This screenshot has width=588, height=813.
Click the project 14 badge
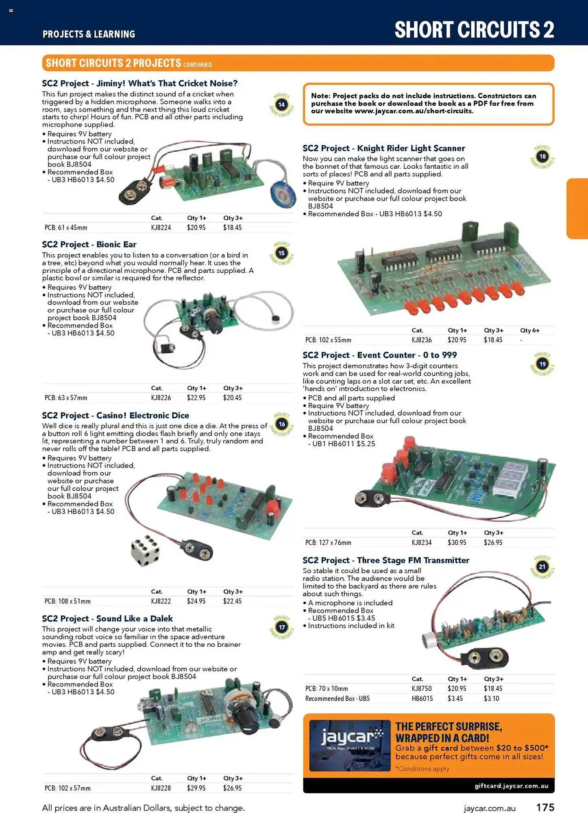(x=281, y=105)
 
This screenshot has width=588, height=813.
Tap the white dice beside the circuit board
(x=145, y=550)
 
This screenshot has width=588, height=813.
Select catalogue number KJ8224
(x=161, y=228)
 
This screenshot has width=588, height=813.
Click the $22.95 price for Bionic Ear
(x=196, y=398)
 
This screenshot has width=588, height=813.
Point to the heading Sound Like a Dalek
(x=107, y=619)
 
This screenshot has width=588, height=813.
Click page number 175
(x=545, y=807)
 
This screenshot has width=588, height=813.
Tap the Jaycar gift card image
(x=350, y=746)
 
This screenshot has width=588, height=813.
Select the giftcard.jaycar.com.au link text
(x=511, y=786)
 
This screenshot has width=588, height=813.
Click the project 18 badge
(x=542, y=157)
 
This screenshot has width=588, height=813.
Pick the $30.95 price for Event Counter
(x=457, y=542)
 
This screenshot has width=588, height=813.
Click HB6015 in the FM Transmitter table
(x=422, y=698)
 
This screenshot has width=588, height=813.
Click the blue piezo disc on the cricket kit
(x=283, y=194)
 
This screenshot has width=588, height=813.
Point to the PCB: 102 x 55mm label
(x=328, y=340)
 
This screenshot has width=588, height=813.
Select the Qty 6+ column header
(x=529, y=330)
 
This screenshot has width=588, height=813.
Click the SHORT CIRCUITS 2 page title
(x=474, y=30)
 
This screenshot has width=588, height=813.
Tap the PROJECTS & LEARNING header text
(x=89, y=34)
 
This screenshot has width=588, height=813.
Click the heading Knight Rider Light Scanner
(x=383, y=148)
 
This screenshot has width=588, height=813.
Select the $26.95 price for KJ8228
(x=232, y=788)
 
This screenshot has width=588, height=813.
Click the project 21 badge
(x=542, y=567)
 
